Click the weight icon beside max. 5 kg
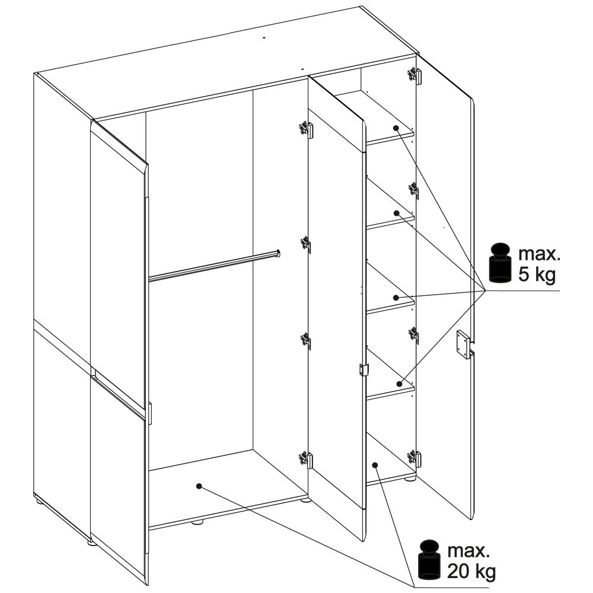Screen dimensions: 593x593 point(500,264)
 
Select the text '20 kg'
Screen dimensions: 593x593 point(471,572)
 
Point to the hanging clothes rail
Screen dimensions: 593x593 point(215,266)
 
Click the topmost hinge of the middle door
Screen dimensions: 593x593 point(305,129)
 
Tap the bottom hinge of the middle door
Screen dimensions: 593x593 point(305,460)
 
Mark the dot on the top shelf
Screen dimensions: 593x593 point(396,128)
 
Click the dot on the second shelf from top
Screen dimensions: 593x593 point(397,213)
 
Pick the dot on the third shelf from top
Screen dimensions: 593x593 point(396,298)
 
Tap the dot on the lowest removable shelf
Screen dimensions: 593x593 point(399,384)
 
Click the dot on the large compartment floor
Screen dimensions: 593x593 point(199,486)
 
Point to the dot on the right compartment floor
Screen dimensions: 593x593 point(375,464)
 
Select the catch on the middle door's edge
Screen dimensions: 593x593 point(363,369)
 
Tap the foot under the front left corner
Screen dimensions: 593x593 point(91,543)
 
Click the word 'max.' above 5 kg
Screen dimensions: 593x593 point(538,254)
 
